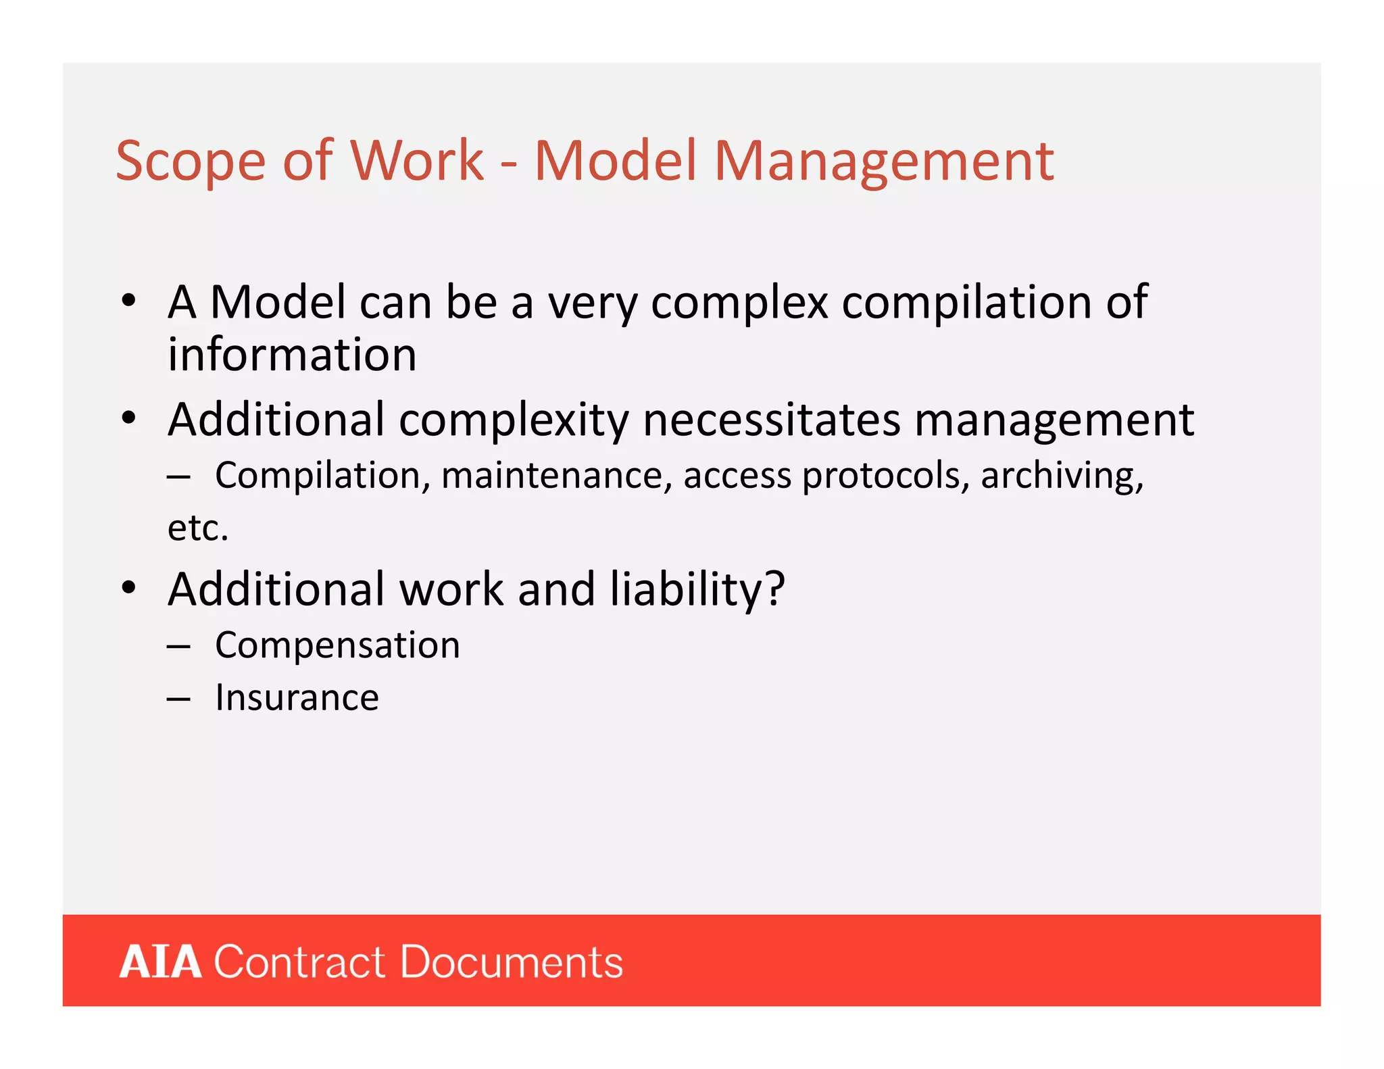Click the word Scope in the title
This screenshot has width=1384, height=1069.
191,162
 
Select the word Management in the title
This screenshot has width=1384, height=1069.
883,162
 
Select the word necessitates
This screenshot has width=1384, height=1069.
772,420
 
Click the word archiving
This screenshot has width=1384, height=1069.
1062,476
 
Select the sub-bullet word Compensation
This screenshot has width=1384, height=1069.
337,646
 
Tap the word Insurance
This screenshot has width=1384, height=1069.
297,698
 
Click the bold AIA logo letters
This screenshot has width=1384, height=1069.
160,962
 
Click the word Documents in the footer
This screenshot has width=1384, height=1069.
511,962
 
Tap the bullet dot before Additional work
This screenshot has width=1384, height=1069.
129,588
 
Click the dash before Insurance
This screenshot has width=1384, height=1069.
178,699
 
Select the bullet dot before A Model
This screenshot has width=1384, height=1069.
129,301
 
